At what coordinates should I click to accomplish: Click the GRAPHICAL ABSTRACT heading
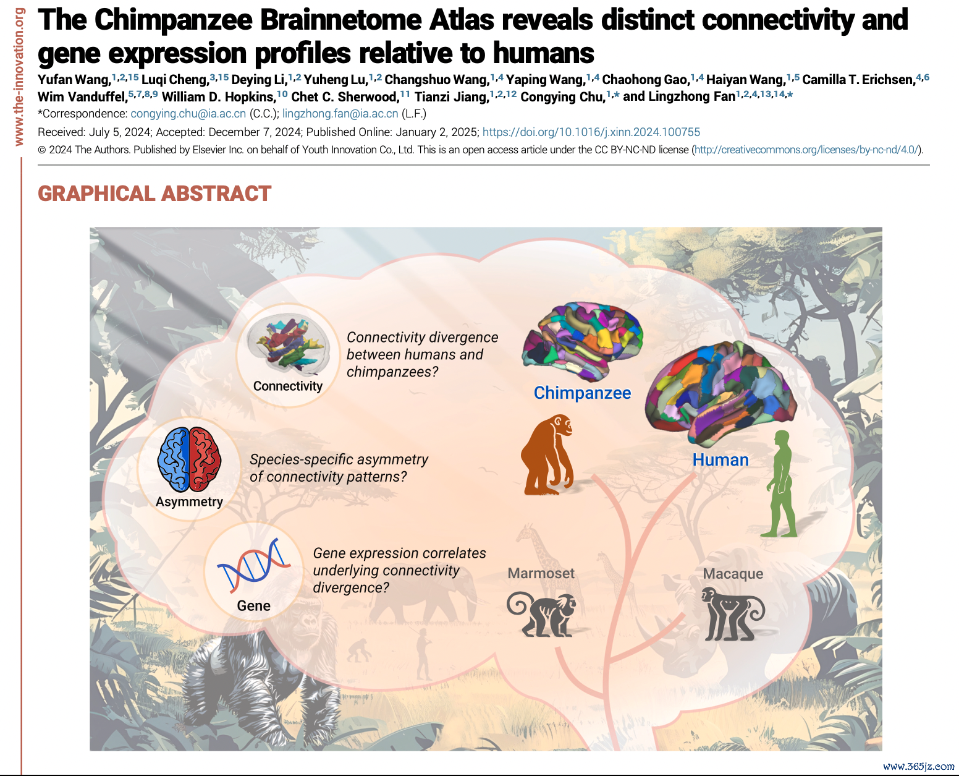[x=154, y=194]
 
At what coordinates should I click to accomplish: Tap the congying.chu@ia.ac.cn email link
[x=188, y=114]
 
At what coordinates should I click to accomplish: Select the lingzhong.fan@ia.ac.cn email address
[x=340, y=114]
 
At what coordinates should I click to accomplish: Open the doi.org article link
[x=591, y=132]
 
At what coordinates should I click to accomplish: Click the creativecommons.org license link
[x=806, y=150]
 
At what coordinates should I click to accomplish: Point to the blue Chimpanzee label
[x=582, y=393]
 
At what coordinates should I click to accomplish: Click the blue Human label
[x=720, y=459]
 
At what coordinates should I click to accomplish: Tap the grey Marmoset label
[x=541, y=573]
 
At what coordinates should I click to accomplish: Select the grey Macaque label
[x=733, y=573]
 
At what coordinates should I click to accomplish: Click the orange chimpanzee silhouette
[x=547, y=455]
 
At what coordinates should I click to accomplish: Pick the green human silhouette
[x=781, y=484]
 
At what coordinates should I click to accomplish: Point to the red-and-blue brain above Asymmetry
[x=189, y=459]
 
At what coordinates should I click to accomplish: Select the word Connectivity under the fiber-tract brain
[x=288, y=386]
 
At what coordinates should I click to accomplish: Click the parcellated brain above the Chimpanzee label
[x=582, y=341]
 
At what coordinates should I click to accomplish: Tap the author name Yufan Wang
[x=74, y=80]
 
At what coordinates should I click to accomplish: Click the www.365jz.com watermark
[x=918, y=766]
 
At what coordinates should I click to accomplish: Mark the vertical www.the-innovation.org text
[x=19, y=77]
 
